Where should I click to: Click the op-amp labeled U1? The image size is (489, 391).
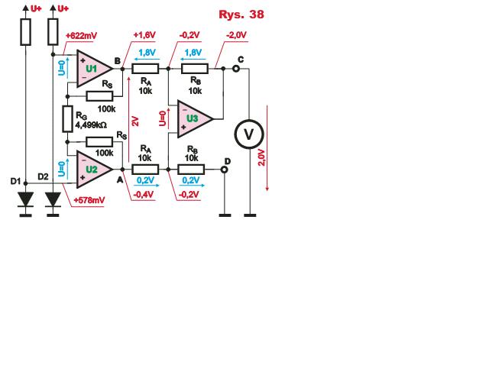pos(93,68)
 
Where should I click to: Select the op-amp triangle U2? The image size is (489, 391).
pos(93,170)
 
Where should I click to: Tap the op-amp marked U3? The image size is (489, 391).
pos(194,119)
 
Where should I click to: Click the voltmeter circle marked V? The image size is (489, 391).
pos(249,134)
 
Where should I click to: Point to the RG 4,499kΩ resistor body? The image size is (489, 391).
pos(68,119)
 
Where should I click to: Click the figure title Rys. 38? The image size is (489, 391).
pos(241,15)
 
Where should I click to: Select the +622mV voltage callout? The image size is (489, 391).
pos(81,36)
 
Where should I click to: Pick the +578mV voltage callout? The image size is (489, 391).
pos(89,200)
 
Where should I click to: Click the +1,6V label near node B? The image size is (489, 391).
pos(144,35)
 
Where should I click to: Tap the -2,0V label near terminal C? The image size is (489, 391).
pos(236,35)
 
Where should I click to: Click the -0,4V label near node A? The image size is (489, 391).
pos(144,195)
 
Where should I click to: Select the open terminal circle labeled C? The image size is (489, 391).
pos(236,68)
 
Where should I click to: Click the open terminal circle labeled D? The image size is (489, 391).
pos(224,170)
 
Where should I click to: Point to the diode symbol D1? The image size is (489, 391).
pos(25,199)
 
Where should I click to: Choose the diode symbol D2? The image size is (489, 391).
pos(53,199)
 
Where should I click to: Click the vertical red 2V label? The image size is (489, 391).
pos(135,121)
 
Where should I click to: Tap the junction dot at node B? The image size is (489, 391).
pos(122,69)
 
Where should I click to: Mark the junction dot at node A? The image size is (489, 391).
pos(122,170)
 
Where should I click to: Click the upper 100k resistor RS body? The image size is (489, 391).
pos(99,96)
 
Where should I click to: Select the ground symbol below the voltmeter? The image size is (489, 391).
pos(250,215)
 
